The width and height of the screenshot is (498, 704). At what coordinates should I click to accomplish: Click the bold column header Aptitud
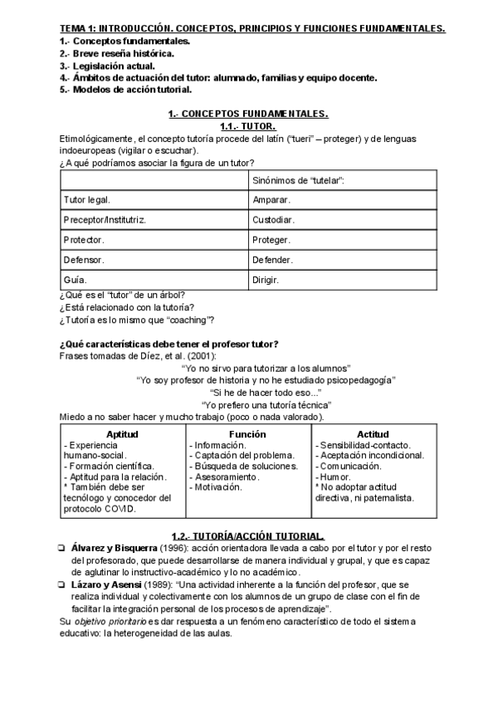pos(122,434)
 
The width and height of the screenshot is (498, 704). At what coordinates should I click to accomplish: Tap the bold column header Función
pos(247,434)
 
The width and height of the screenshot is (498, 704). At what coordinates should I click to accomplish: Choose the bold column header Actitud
pos(373,434)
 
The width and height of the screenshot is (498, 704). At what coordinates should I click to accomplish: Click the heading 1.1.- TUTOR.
pos(248,126)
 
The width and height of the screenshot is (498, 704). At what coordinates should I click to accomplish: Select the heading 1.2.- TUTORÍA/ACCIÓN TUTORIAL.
pos(248,536)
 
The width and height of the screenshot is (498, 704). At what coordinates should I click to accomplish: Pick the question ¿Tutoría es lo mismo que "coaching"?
pos(137,320)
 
